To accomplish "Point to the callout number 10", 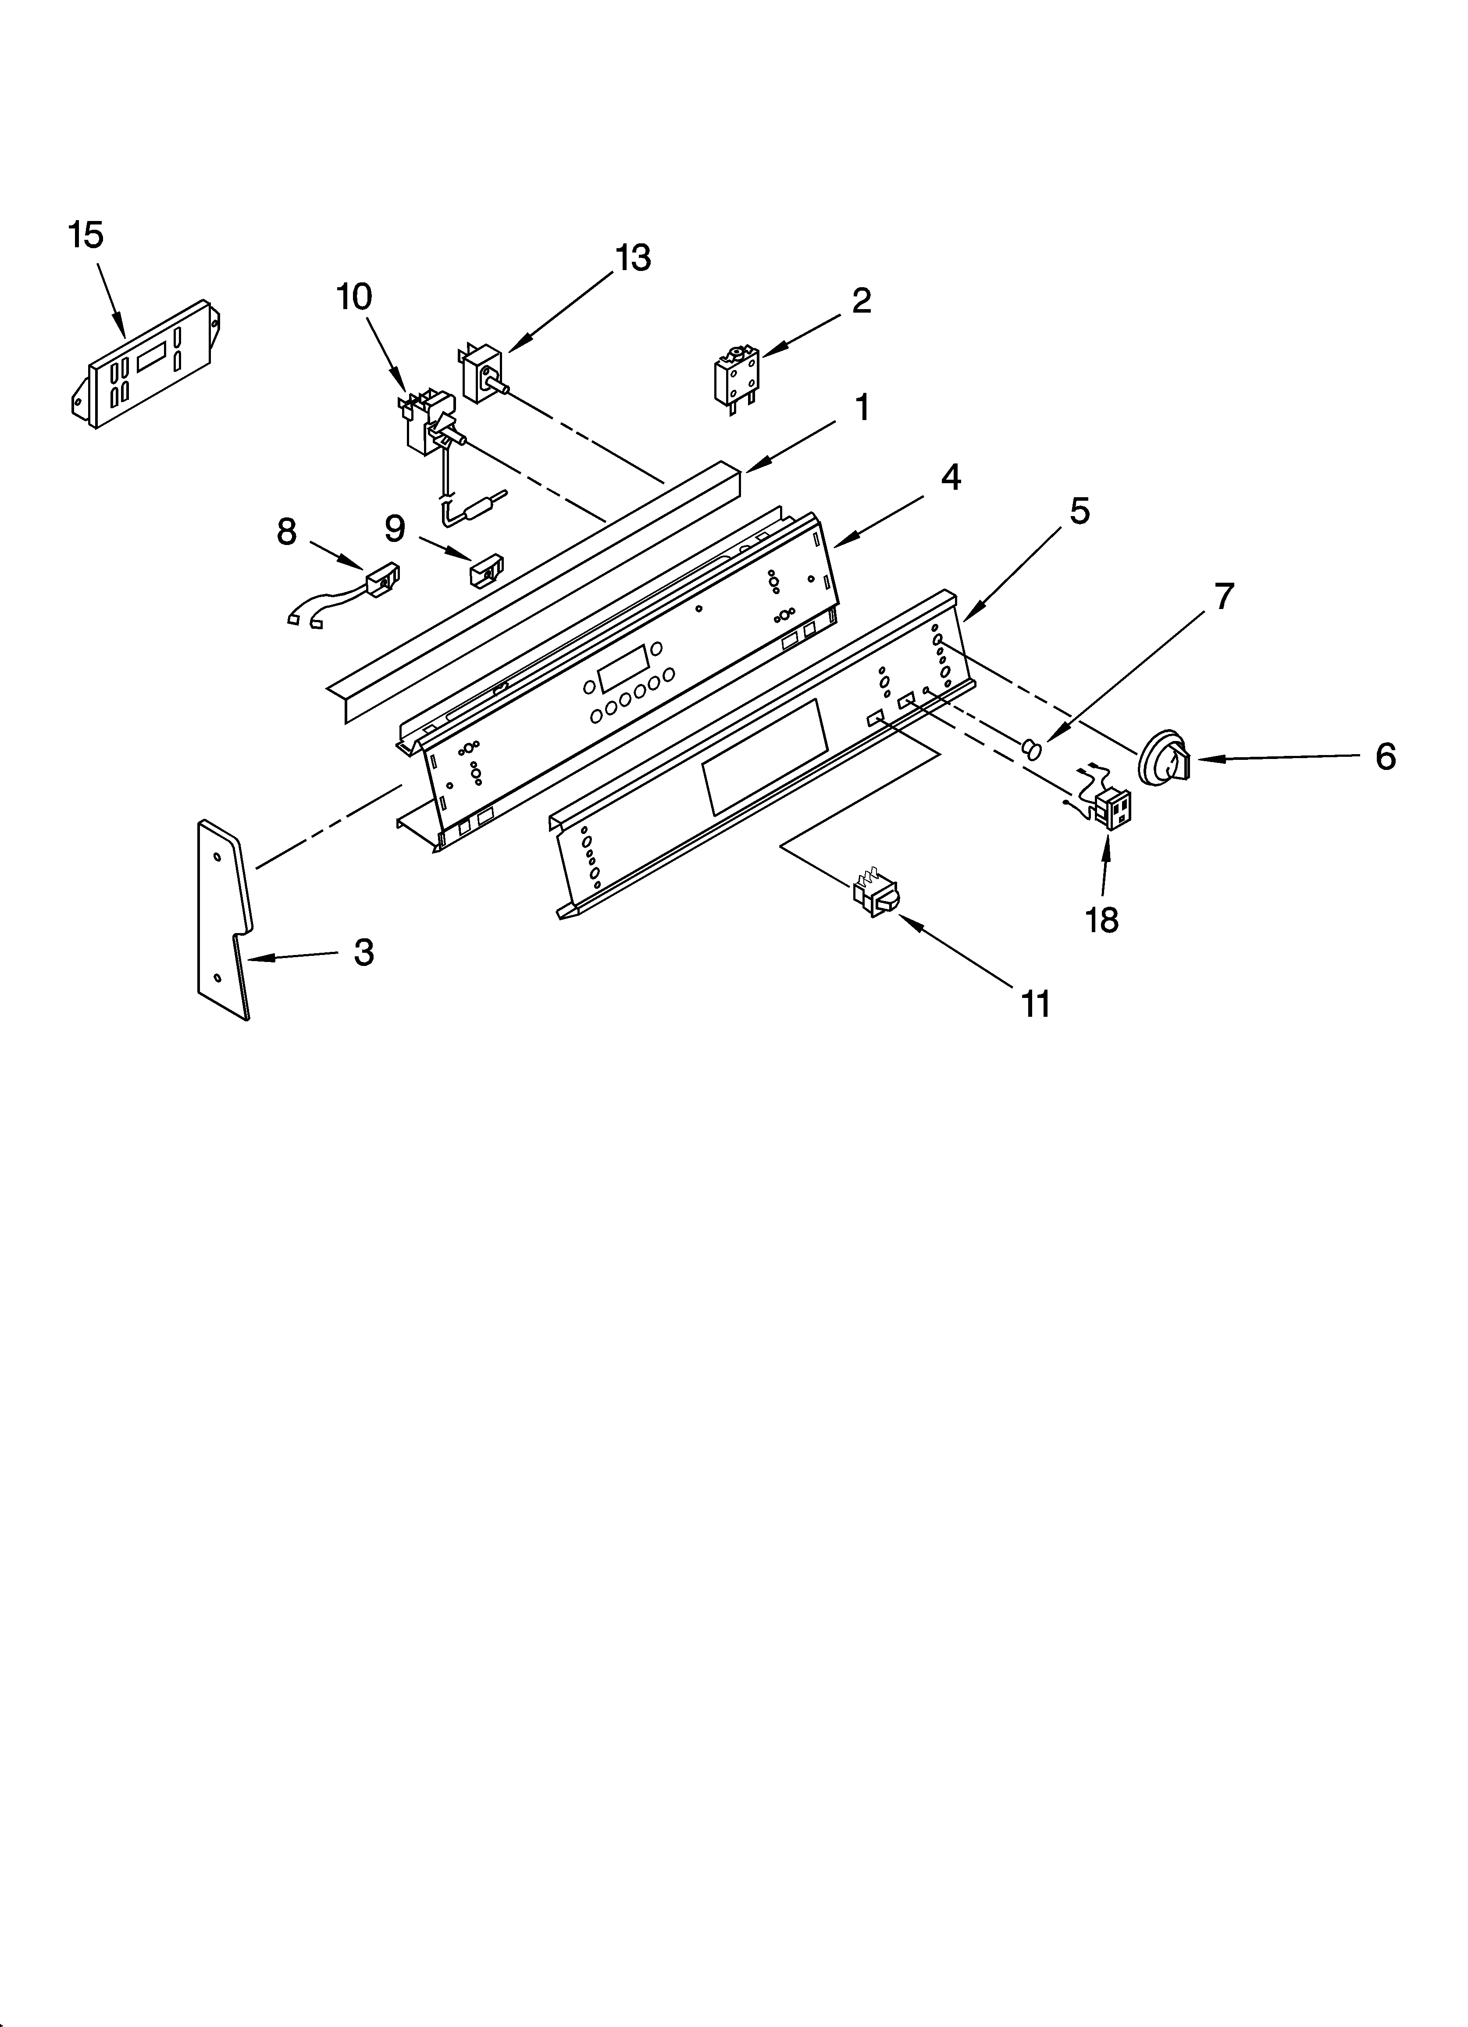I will [x=354, y=297].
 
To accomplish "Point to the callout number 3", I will [x=363, y=953].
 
